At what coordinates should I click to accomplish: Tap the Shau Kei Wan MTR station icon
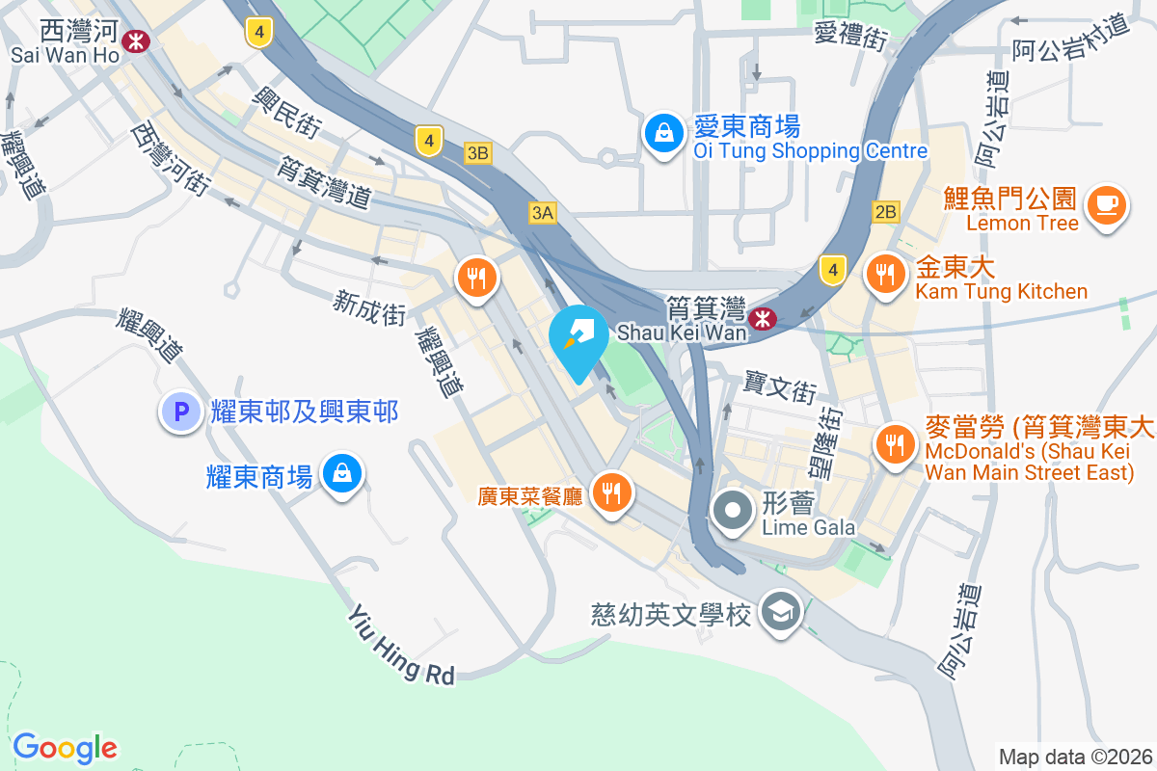coord(763,317)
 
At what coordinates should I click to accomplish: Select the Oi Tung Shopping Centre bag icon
coord(664,135)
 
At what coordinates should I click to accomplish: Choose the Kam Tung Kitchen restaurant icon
coord(883,275)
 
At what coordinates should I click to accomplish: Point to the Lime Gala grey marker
coord(733,510)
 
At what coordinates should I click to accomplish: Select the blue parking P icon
coord(179,412)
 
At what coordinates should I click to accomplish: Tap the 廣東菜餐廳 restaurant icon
coord(611,492)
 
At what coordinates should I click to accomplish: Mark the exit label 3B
coord(477,152)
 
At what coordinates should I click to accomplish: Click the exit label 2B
coord(885,211)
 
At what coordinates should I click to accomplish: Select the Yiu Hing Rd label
coord(400,646)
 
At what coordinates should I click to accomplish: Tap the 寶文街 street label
coord(779,388)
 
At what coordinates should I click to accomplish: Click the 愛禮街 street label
coord(850,36)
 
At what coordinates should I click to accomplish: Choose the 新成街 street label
coord(369,307)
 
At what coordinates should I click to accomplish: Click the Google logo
coord(65,747)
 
